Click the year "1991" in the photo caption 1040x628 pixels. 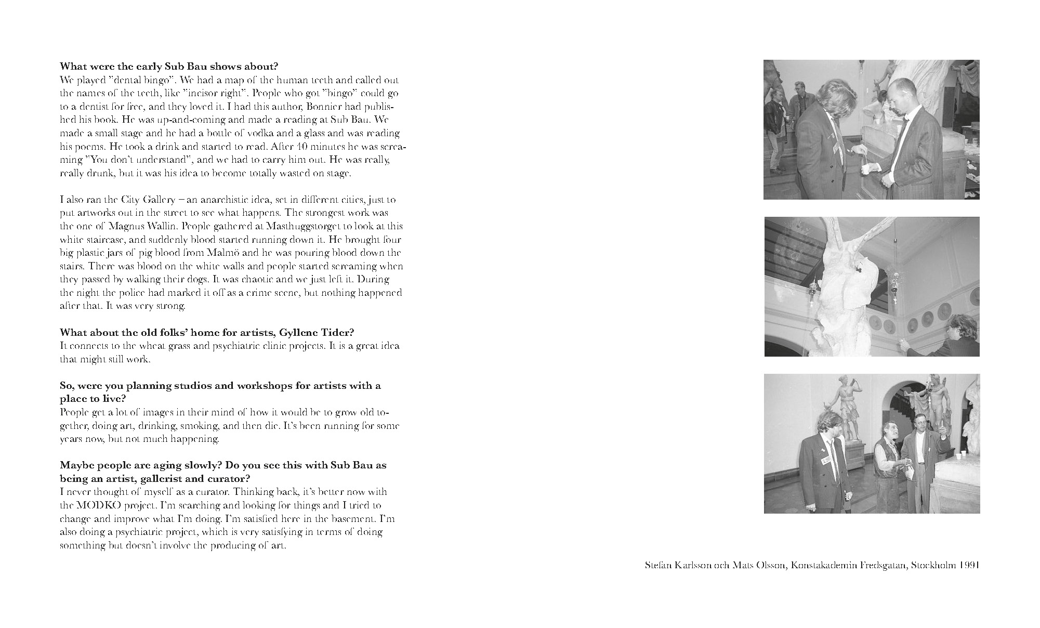tap(970, 565)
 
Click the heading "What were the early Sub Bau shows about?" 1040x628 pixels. tap(169, 67)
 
